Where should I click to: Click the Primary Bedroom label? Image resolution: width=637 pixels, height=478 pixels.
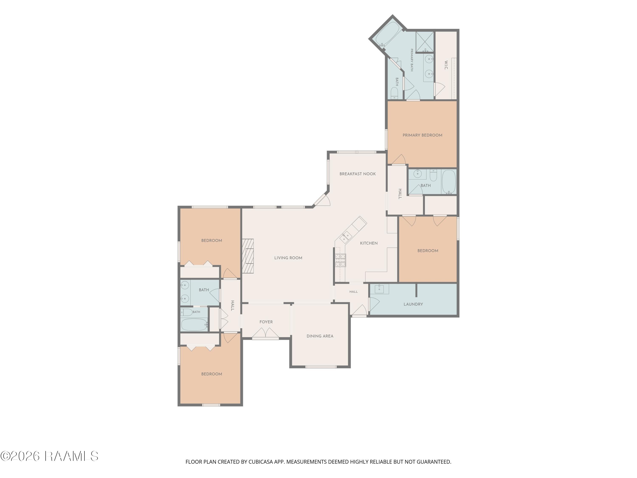point(422,135)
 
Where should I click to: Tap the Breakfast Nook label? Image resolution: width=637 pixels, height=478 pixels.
point(357,174)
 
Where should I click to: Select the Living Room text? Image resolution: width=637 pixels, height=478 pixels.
point(288,258)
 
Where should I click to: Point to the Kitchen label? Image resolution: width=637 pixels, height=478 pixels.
point(369,243)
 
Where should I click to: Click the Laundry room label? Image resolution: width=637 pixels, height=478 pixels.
point(413,304)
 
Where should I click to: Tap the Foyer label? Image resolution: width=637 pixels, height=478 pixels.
point(266,322)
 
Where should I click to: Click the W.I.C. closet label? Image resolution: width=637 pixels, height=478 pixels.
point(445,65)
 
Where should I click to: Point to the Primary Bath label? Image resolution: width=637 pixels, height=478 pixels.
point(412,60)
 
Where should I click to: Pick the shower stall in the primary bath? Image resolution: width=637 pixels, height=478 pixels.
point(424,42)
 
